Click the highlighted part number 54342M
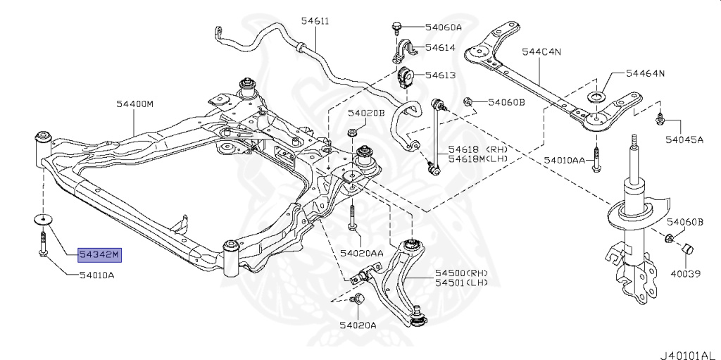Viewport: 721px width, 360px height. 100,254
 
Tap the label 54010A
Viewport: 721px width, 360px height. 97,275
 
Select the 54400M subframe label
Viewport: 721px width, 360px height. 134,104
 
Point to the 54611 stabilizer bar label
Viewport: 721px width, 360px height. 315,20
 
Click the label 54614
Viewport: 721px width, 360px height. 440,47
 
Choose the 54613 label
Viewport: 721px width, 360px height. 440,75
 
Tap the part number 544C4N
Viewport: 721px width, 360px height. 541,52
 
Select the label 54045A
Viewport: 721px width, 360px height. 684,139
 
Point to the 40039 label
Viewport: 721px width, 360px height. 685,274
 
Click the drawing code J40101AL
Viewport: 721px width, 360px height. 690,355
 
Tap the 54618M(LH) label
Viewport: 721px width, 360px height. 478,159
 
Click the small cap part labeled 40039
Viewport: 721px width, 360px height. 686,249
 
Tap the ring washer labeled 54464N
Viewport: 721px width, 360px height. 597,97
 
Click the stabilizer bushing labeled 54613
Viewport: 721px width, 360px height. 405,77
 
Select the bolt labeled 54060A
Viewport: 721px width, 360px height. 396,27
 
